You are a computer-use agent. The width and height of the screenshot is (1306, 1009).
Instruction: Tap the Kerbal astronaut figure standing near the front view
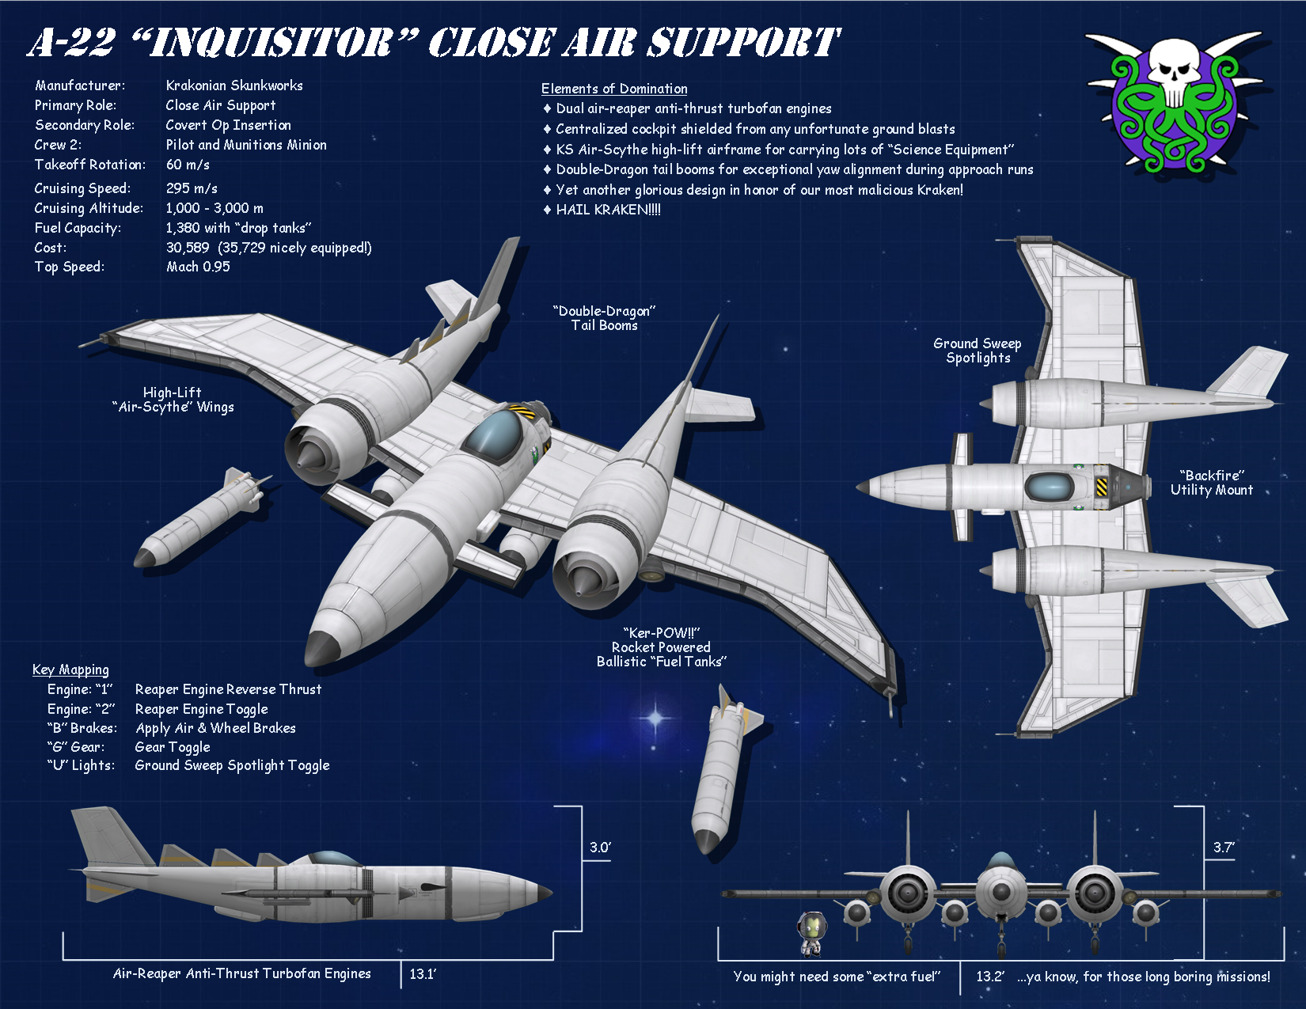812,932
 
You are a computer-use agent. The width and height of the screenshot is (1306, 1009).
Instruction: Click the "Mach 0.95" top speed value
198,267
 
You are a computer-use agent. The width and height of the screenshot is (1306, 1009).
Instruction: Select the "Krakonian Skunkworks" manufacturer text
234,85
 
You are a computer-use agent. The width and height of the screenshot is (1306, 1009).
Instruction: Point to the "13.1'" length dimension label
423,974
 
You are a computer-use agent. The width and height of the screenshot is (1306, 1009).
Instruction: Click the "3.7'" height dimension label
1223,848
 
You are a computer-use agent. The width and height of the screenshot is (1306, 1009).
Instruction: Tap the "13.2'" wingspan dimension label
989,977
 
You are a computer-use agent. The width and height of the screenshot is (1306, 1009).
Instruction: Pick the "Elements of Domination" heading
614,89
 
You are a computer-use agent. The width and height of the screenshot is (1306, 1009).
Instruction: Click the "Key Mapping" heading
70,670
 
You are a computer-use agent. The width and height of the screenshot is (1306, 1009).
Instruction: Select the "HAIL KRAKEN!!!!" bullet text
608,210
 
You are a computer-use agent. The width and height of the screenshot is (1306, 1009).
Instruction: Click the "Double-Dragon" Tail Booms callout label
605,318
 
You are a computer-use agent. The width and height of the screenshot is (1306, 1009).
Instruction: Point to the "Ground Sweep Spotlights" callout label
978,351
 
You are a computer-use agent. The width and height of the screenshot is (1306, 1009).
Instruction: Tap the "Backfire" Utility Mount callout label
1212,483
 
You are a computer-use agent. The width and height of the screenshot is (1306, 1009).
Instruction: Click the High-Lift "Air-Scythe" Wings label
173,400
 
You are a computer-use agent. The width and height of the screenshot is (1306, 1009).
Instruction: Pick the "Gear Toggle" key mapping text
173,747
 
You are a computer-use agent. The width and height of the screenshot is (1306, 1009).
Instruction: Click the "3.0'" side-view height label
600,848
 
